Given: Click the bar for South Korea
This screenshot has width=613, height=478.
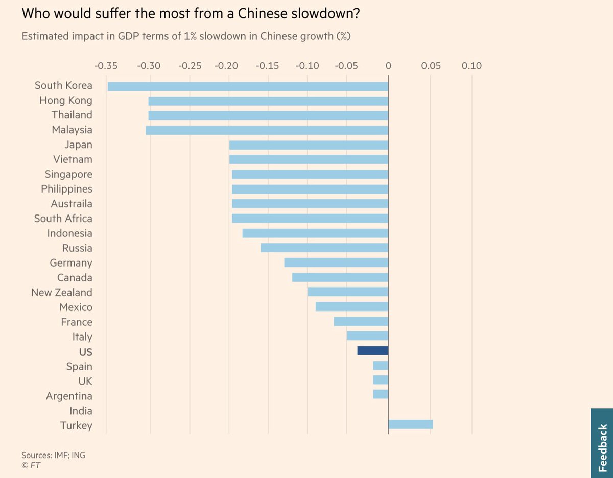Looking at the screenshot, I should [x=248, y=86].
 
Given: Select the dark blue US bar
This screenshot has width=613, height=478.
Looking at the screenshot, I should [x=373, y=351].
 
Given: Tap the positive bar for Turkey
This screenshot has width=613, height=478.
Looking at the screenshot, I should [x=410, y=424].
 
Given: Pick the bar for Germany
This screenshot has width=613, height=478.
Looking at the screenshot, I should [x=336, y=262].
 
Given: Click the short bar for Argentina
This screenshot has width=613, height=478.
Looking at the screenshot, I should [x=381, y=394].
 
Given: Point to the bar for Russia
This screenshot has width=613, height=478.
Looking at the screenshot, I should [x=324, y=248].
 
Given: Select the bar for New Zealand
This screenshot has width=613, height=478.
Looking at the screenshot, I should [x=348, y=292].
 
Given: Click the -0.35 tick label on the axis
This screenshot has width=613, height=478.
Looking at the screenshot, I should [x=106, y=66].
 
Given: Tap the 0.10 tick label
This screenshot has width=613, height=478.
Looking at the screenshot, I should [x=471, y=66].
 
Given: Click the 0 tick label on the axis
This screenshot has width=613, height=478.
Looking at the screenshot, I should [x=388, y=66].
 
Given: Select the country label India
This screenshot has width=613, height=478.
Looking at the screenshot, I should [x=81, y=411].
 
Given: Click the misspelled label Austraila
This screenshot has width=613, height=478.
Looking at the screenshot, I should [x=72, y=204].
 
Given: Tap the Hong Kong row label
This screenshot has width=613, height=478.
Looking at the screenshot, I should [x=66, y=101].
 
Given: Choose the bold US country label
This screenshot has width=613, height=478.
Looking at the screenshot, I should [x=85, y=352].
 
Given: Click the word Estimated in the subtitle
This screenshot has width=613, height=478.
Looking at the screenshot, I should [x=43, y=37].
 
